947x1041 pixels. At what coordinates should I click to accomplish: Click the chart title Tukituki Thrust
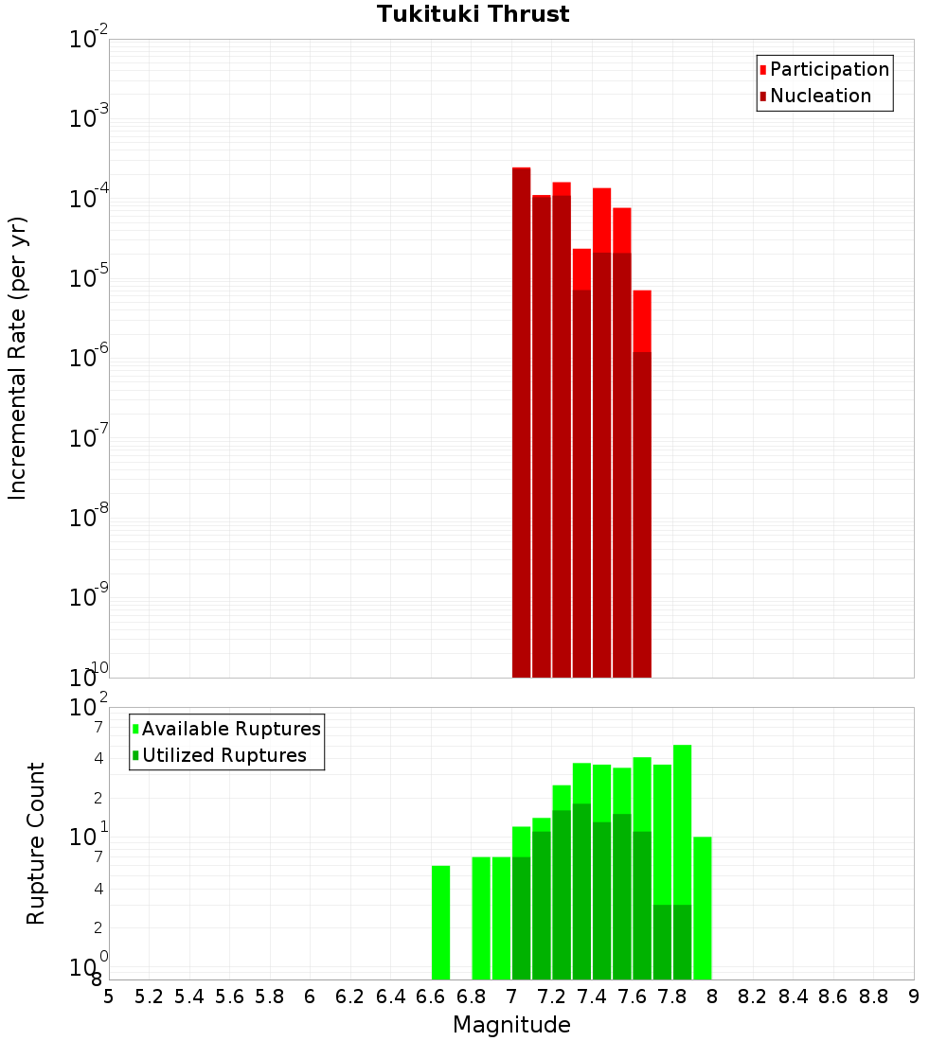click(473, 14)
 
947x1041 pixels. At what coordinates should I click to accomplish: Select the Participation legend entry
click(829, 69)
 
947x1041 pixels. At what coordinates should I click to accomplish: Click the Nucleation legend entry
click(819, 96)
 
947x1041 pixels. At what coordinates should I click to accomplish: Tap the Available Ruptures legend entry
click(230, 729)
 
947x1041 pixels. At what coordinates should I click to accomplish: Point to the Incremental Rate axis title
click(18, 358)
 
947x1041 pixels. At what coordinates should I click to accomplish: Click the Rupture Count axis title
click(36, 843)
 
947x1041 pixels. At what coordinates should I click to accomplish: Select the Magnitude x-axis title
click(511, 1025)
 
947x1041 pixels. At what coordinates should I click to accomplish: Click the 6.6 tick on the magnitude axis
click(431, 997)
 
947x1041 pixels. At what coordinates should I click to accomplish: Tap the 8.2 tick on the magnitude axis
click(753, 997)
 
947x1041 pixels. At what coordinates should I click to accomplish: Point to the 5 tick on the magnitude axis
click(109, 997)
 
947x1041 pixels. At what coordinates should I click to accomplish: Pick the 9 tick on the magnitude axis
click(914, 997)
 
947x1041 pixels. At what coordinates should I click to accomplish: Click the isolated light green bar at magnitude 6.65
click(440, 923)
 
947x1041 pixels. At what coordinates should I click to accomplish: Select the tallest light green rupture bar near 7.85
click(682, 823)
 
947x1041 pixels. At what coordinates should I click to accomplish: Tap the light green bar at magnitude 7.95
click(702, 909)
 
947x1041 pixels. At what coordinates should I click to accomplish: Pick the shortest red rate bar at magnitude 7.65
click(642, 322)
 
